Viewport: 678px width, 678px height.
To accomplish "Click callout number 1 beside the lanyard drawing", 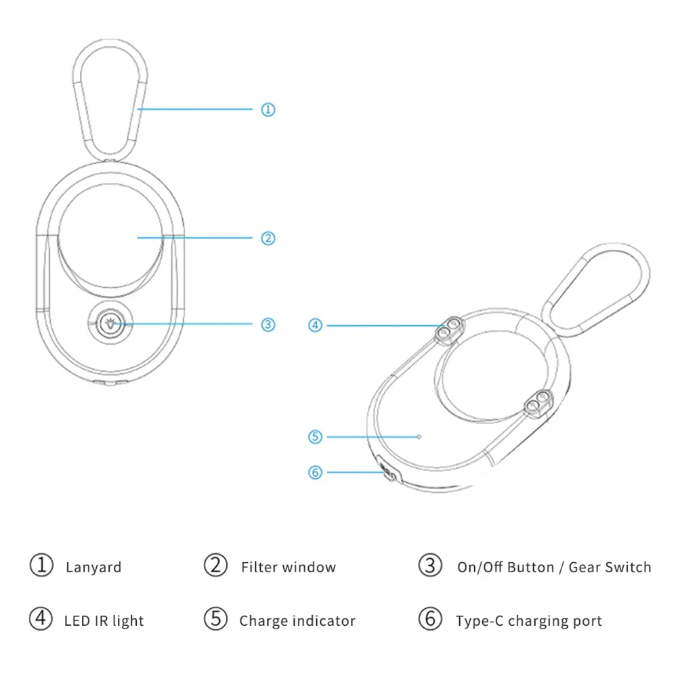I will pos(268,109).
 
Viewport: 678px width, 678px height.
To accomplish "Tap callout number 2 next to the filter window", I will pos(268,238).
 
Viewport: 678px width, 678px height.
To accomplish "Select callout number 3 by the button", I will pos(268,324).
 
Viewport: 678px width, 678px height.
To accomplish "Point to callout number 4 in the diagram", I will pos(315,325).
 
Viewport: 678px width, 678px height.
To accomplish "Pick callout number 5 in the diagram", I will pos(315,437).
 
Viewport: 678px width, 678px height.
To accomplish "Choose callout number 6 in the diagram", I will pos(315,472).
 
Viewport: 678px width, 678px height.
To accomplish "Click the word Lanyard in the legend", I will pos(93,568).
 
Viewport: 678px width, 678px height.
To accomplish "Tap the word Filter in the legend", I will pos(259,568).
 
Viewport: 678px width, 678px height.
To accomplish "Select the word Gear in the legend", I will pos(584,568).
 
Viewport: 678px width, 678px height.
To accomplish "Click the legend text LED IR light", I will pos(104,620).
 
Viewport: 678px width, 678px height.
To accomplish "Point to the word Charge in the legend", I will pos(261,620).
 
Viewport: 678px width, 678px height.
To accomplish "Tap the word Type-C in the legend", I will pos(479,620).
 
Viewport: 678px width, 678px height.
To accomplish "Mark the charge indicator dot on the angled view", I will pos(420,437).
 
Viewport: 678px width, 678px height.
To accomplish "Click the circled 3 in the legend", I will pos(429,566).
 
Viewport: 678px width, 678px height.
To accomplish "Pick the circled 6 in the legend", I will pos(429,619).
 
